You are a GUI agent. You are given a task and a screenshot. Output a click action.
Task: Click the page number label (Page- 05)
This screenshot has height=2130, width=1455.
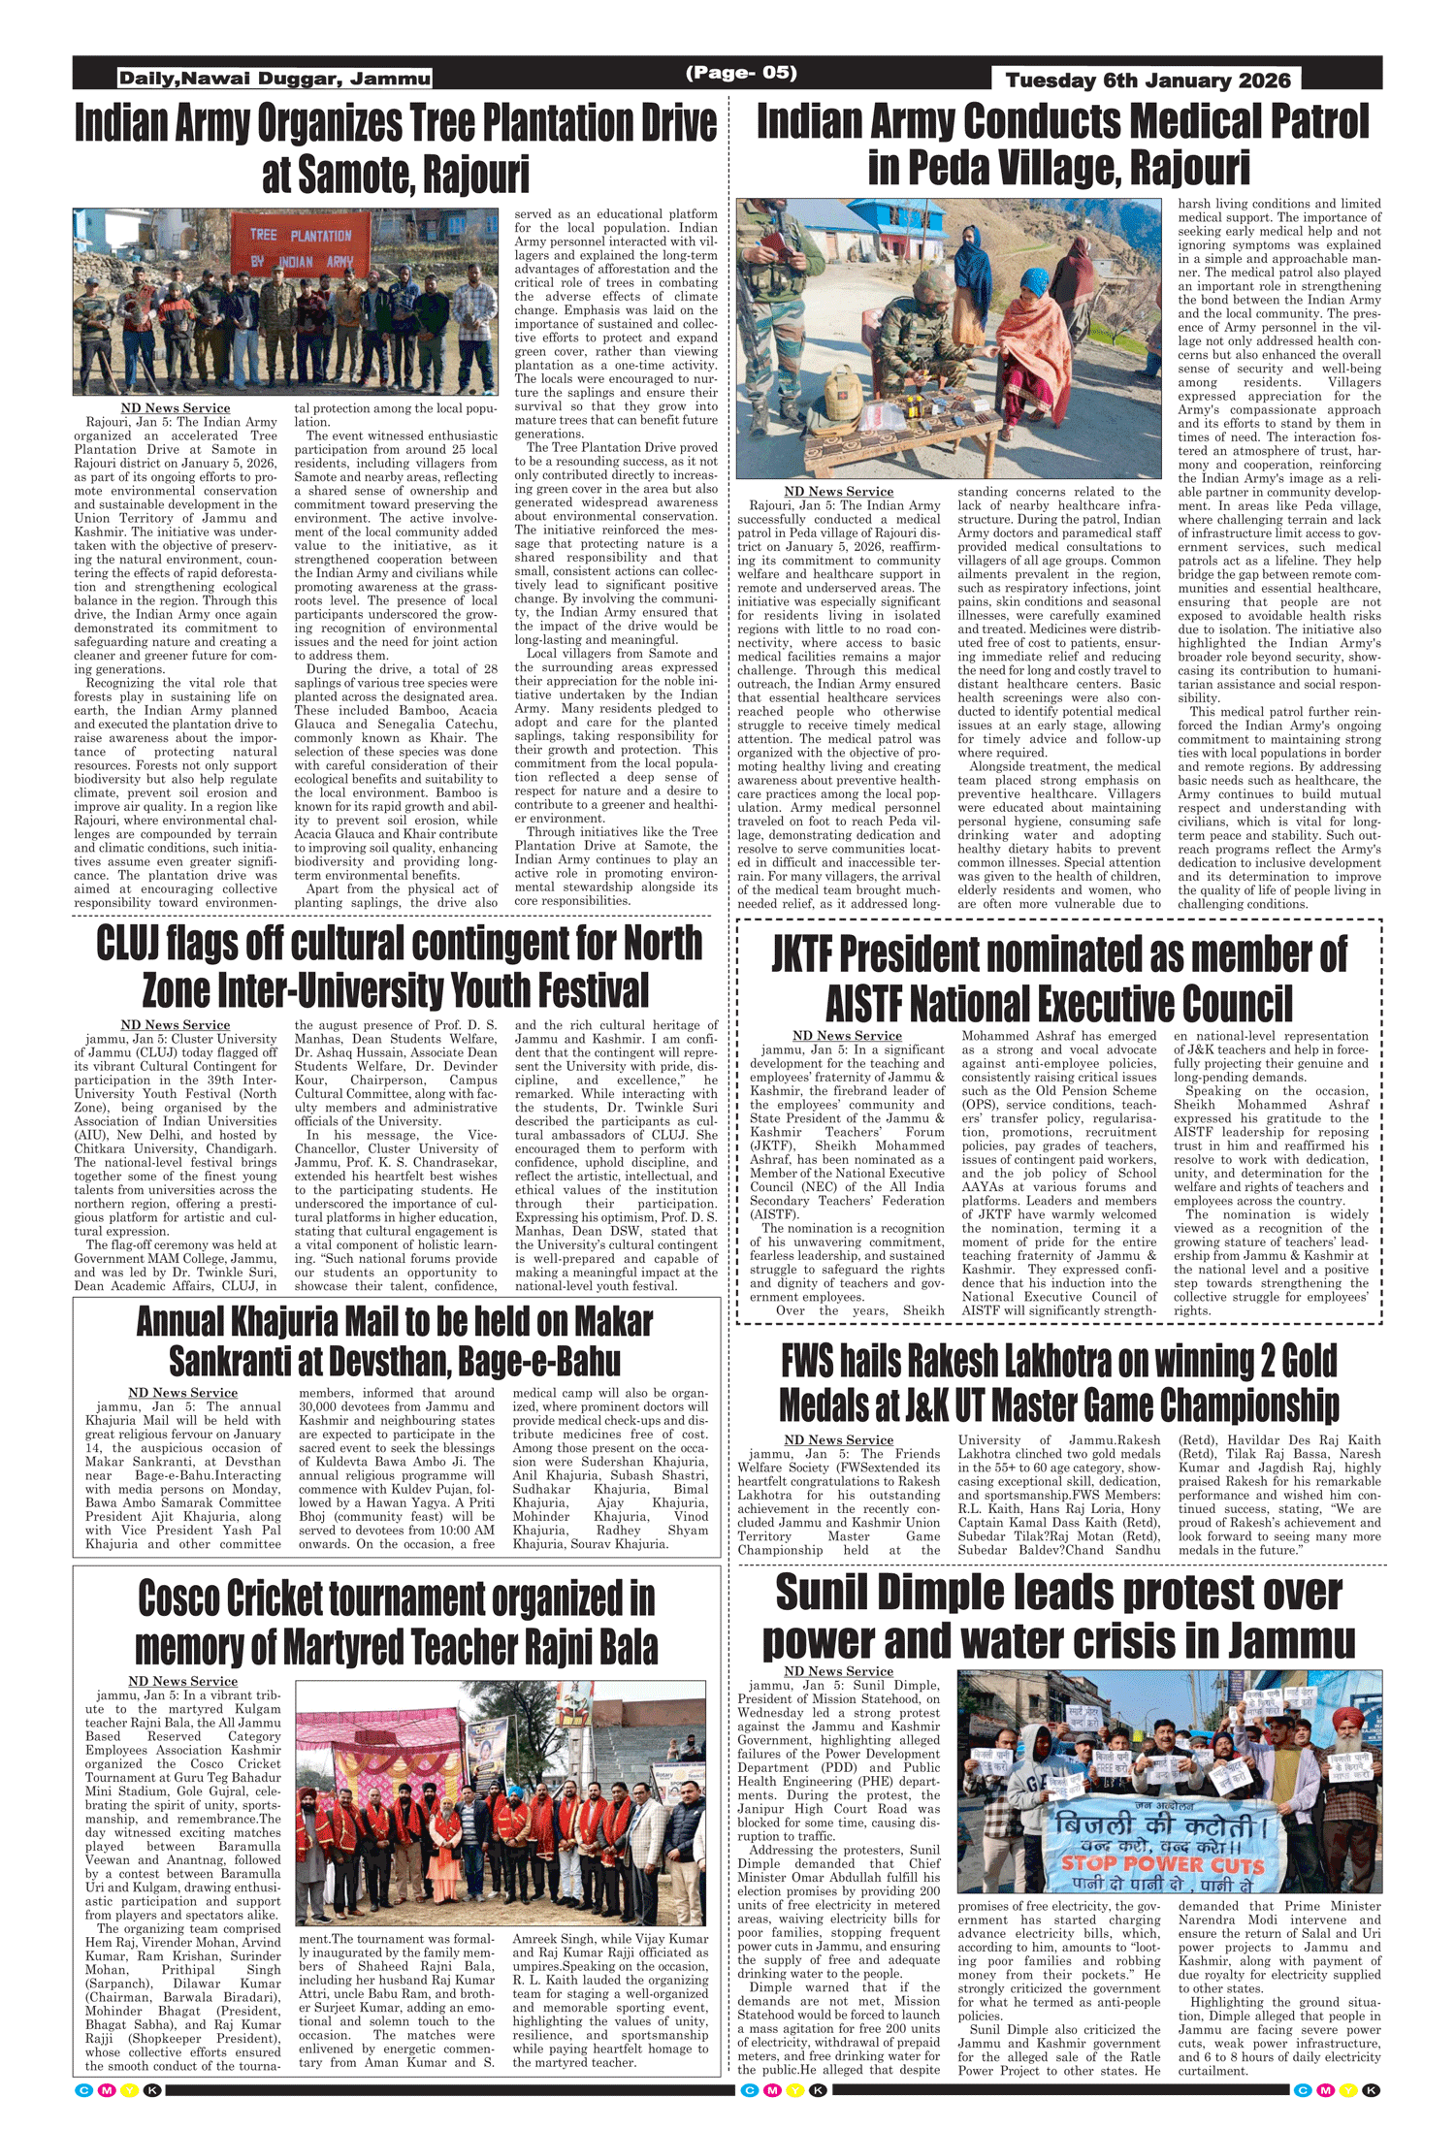pos(741,73)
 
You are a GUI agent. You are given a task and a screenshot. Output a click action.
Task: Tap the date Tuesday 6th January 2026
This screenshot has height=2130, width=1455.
pos(1148,81)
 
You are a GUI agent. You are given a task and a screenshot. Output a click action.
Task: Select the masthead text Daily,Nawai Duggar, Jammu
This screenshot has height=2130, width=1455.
pos(275,79)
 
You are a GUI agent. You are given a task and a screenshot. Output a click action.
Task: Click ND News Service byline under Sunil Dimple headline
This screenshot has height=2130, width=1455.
pos(838,1671)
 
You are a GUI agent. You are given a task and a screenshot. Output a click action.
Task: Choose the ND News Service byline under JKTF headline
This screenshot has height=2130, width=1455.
pos(847,1036)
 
